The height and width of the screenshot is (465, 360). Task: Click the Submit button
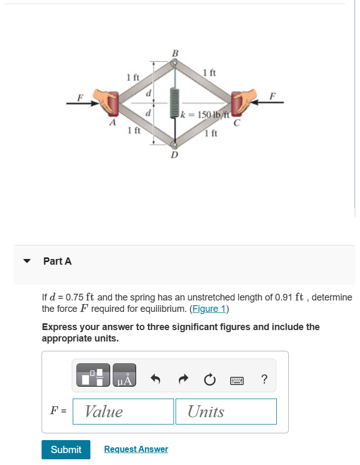pos(66,449)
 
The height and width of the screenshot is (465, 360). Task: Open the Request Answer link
pos(136,449)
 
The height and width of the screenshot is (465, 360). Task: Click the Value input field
pos(123,412)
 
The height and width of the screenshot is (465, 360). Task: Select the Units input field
pos(225,412)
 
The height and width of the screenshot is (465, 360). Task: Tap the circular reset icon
pos(209,380)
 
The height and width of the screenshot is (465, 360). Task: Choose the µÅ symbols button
pos(124,375)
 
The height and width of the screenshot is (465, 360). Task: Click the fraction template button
pos(94,375)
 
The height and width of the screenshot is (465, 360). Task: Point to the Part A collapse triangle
pos(29,262)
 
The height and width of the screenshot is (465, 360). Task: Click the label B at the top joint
pos(175,52)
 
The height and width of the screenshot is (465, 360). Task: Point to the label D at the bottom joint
pos(175,155)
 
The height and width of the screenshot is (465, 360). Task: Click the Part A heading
pos(58,262)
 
